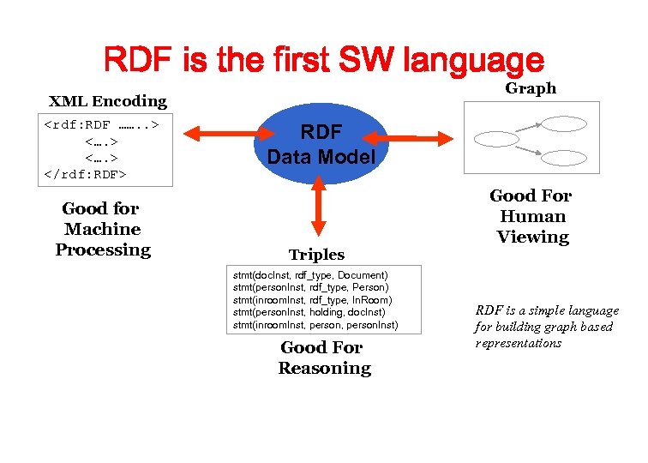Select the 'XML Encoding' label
pos(108,101)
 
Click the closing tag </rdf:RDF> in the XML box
pos(85,174)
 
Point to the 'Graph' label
pos(530,88)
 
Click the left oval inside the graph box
pos(496,138)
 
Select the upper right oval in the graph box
pos(563,123)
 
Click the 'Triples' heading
pos(316,255)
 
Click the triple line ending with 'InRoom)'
pos(312,300)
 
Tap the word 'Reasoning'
pos(325,369)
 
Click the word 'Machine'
pos(102,229)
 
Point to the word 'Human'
pos(532,216)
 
